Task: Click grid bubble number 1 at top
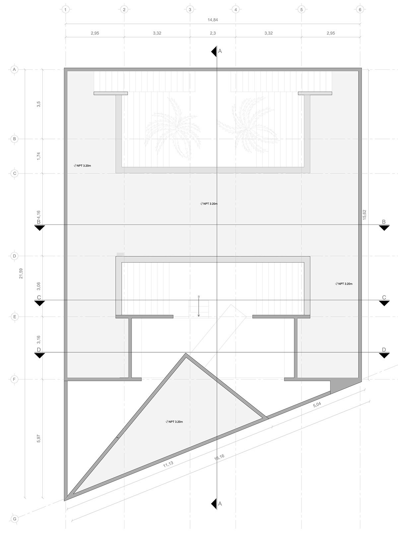coord(66,10)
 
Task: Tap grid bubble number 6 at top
coord(360,10)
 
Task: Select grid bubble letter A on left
coord(14,70)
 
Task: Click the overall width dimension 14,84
coord(213,20)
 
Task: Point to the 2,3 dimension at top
coord(213,33)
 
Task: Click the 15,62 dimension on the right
coord(365,214)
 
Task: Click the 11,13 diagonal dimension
coord(168,464)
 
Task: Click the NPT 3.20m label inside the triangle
coord(174,422)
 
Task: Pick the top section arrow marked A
coord(214,51)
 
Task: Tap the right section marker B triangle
coord(384,228)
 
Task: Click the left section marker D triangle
coord(39,356)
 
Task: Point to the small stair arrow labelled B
coord(199,307)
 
